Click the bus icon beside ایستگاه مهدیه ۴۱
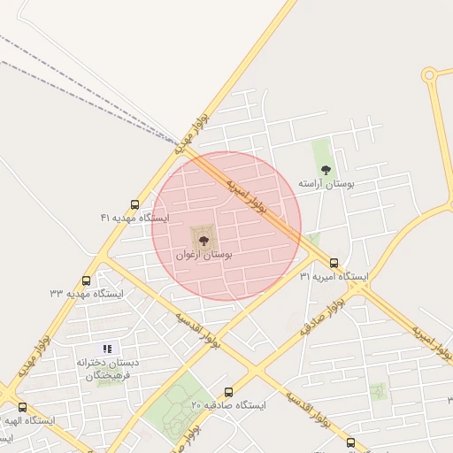pos(134,204)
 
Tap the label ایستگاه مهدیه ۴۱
pos(134,218)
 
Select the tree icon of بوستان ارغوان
pos(204,239)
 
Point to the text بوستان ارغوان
pos(204,255)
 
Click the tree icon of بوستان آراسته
pos(326,169)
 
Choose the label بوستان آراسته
pos(326,183)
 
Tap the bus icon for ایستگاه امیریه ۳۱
pos(334,263)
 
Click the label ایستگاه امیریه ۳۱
pos(333,277)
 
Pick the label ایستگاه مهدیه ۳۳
pos(86,293)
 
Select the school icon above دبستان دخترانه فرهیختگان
pos(108,349)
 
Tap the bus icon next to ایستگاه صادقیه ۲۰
pos(228,392)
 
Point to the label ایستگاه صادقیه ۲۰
pos(228,405)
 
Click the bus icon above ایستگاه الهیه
pos(22,408)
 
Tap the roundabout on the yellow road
pos(429,75)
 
